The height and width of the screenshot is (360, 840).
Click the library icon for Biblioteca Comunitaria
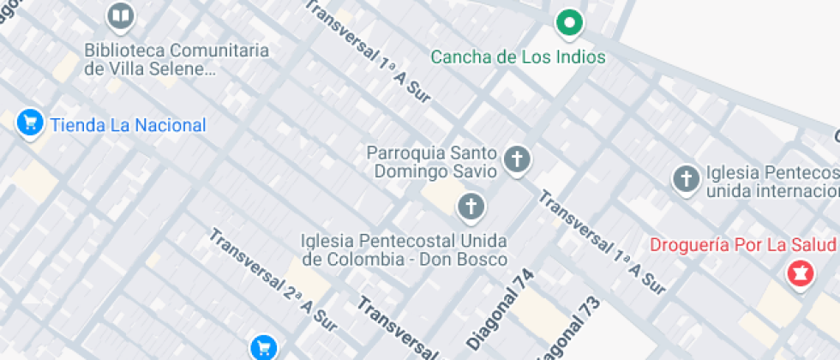121,16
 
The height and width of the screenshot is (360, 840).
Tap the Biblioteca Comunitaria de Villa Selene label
176,60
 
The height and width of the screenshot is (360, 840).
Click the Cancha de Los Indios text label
518,57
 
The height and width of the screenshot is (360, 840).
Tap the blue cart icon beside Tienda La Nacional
31,123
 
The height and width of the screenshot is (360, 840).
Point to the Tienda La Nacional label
129,125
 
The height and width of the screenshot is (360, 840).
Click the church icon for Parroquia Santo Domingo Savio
516,159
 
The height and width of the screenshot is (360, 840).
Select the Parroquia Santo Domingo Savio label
432,162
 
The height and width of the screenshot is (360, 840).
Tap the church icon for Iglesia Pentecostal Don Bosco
470,206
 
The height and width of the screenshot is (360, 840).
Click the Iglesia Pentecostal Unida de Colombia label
404,249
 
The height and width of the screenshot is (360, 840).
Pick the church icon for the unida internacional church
685,178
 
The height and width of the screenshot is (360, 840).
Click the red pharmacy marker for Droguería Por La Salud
800,274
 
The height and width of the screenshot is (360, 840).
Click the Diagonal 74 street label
501,309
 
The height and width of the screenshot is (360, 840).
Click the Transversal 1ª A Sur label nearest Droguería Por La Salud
602,243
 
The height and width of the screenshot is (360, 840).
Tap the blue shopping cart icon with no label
263,347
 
